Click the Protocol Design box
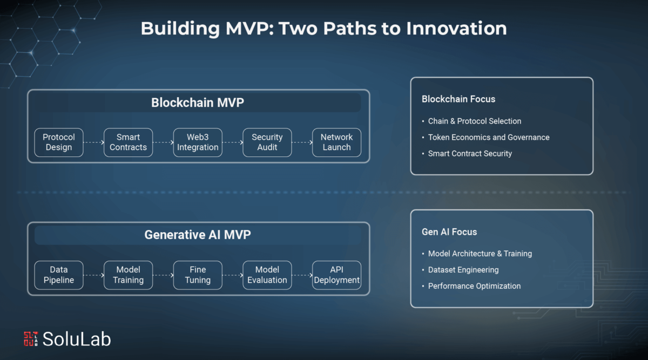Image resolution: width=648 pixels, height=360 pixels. (59, 142)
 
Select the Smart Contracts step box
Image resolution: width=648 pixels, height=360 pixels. (128, 142)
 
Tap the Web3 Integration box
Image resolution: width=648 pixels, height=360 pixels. (198, 142)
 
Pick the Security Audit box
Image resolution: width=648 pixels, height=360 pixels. (267, 142)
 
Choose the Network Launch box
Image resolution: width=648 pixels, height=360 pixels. (336, 142)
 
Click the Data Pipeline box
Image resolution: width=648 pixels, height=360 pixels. (59, 275)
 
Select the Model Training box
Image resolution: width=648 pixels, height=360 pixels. (128, 275)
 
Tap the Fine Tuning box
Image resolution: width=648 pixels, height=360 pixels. (198, 275)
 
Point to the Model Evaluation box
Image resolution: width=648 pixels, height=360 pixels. (267, 275)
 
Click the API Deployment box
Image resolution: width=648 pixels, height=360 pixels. (336, 275)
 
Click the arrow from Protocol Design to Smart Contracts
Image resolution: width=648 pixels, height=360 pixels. (94, 142)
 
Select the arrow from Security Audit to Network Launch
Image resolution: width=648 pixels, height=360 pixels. (302, 142)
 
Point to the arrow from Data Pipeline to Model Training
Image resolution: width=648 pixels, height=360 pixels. (94, 275)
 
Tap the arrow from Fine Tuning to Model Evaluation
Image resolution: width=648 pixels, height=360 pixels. (233, 275)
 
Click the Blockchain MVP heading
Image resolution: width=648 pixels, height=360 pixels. (198, 103)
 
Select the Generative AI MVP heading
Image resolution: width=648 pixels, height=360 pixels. (198, 235)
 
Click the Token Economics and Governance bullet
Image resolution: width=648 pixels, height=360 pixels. (489, 137)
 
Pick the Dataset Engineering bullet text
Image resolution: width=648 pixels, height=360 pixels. (463, 270)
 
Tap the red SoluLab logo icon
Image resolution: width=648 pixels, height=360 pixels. (31, 338)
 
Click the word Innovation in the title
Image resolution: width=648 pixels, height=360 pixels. (456, 29)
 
